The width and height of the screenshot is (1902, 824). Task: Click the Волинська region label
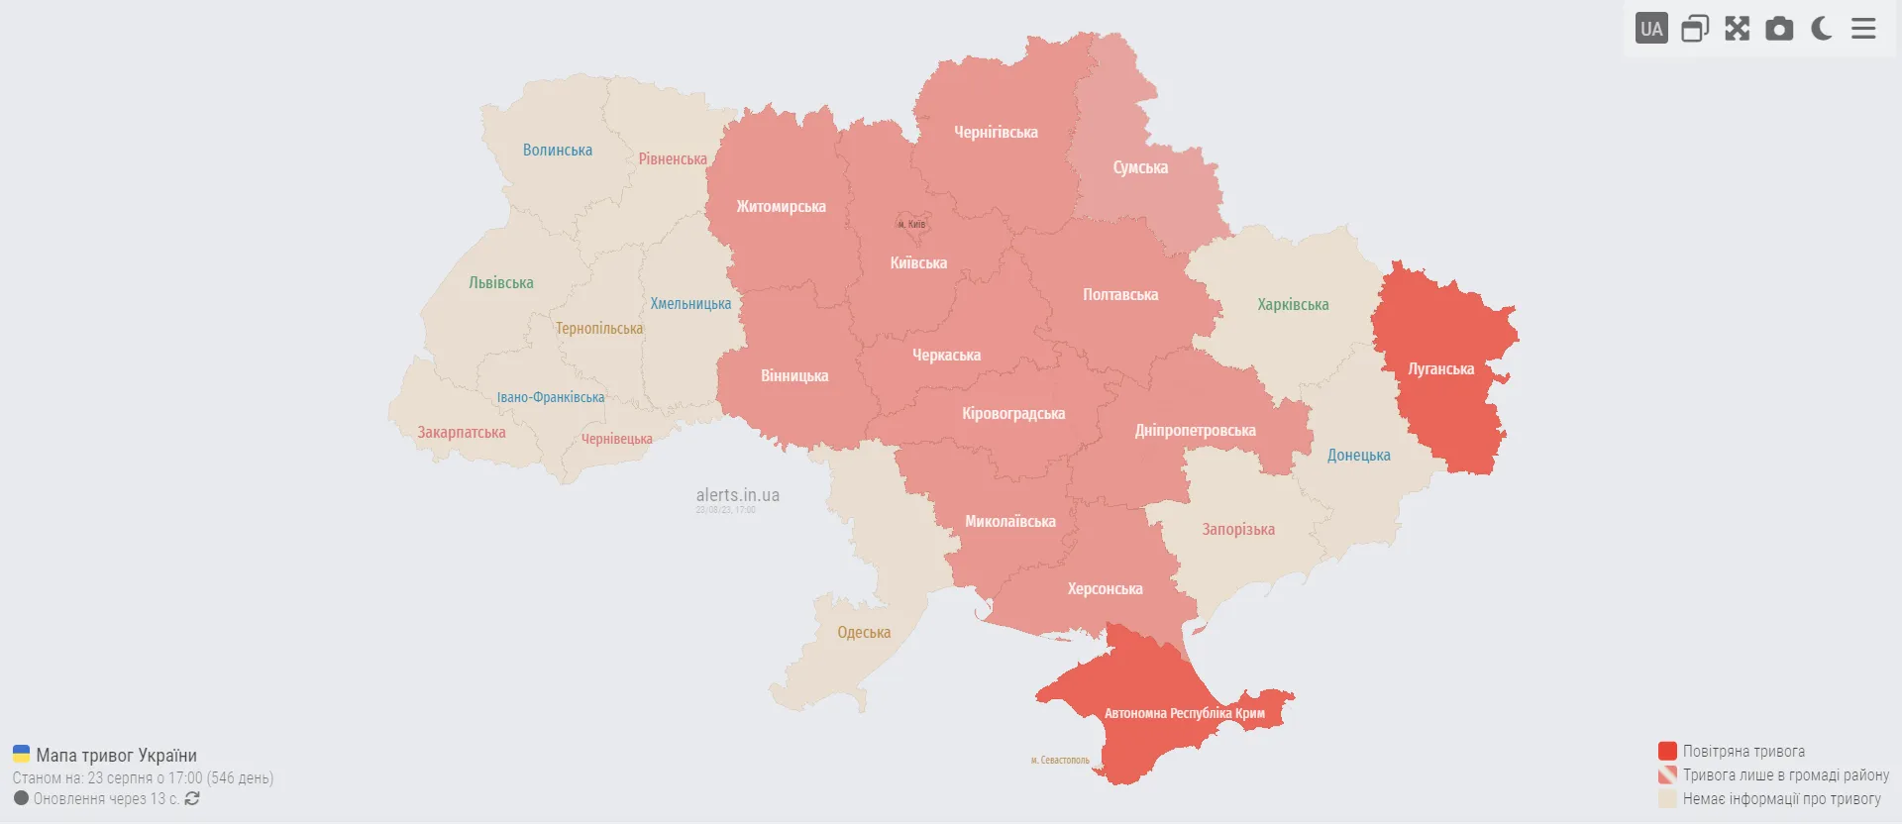pos(558,151)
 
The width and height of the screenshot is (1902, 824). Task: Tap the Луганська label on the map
pos(1440,369)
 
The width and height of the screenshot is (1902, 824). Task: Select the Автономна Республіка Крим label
pos(1184,713)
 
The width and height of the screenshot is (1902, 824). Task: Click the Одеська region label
pos(864,633)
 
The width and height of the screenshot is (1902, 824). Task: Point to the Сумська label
pos(1140,168)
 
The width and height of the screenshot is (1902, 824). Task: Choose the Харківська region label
pos(1293,305)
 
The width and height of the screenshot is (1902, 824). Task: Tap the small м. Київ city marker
pos(912,225)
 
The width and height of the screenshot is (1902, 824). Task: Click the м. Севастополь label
pos(1060,761)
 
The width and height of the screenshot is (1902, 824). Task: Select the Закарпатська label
pos(461,433)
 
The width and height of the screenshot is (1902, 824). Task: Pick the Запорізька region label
pos(1238,530)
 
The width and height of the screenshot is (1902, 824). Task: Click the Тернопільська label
pos(599,329)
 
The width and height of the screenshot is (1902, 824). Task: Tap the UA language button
pos(1651,29)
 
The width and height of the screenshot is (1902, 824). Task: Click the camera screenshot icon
pos(1779,29)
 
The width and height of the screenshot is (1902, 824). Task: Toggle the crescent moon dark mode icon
pos(1821,29)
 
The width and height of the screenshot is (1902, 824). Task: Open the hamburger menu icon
pos(1863,29)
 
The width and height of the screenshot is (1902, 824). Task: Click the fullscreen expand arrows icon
pos(1737,29)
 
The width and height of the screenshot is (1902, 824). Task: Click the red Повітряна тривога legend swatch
pos(1667,751)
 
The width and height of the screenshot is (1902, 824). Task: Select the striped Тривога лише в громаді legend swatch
pos(1667,774)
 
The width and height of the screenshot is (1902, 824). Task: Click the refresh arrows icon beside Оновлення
pos(192,798)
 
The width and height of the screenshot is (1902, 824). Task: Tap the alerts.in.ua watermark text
pos(737,495)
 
